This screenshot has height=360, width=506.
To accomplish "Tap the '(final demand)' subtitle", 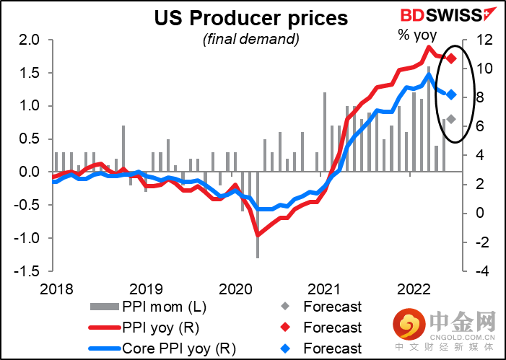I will (x=250, y=38).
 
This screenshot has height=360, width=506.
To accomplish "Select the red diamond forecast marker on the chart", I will (x=451, y=58).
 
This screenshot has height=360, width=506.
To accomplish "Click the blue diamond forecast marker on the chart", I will (x=451, y=95).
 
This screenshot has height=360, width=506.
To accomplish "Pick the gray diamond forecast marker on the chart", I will (x=451, y=119).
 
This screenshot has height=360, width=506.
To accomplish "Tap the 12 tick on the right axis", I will (x=480, y=40).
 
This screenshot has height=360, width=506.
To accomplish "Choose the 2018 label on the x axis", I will (x=56, y=289).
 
